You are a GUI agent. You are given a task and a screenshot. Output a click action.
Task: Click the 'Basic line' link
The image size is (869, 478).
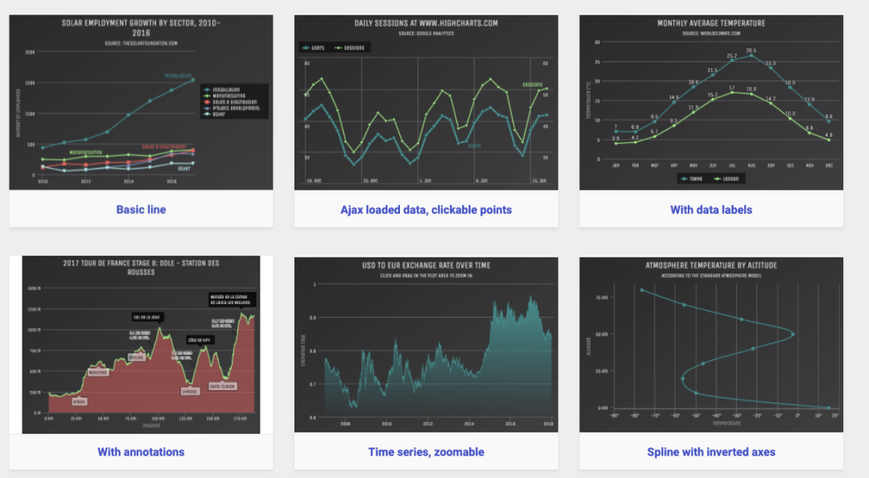tap(141, 210)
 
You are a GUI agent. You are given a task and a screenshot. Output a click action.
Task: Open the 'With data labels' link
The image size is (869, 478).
tap(710, 210)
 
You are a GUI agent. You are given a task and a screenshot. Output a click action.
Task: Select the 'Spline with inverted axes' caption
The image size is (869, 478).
tap(710, 452)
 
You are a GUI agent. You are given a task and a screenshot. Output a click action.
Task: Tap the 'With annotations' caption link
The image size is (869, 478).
tap(141, 452)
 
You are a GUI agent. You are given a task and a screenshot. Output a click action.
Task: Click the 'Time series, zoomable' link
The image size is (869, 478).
tap(426, 452)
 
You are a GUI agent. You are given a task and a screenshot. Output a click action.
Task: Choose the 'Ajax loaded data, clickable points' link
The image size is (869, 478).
tap(426, 210)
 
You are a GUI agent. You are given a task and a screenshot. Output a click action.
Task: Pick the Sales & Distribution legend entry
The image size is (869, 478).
tap(233, 102)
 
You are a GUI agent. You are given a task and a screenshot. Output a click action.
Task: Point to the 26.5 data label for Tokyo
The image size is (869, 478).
tap(751, 51)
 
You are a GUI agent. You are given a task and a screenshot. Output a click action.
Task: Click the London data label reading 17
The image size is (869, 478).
tap(731, 88)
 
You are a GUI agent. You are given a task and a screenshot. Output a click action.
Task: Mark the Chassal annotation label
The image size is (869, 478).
tap(191, 391)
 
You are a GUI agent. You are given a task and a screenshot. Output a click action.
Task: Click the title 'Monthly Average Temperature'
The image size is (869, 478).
tap(710, 23)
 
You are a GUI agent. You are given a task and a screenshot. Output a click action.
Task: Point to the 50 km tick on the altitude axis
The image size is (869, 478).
tap(602, 333)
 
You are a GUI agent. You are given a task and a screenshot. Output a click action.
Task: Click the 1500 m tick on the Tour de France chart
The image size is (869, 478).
tap(34, 288)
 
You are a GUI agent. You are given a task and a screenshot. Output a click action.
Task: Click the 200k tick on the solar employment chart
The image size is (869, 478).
tap(30, 52)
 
